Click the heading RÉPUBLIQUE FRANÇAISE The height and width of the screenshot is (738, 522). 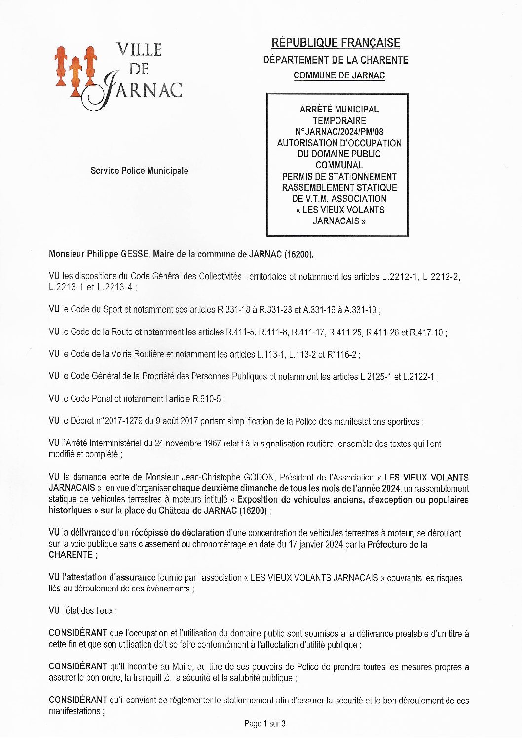coord(336,43)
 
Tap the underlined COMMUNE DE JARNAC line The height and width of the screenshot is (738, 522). coord(339,75)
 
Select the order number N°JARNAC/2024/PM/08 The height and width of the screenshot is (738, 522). coord(339,132)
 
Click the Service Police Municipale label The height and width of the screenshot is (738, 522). coord(139,171)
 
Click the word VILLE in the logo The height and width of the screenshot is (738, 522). coord(139,50)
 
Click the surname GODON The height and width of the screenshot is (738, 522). coord(260,478)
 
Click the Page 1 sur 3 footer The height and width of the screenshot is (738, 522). coord(265,724)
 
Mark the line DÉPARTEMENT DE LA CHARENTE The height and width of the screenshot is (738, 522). coord(336,60)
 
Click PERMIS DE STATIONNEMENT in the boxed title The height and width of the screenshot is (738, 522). coord(339,177)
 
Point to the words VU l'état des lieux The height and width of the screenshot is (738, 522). coord(82,611)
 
